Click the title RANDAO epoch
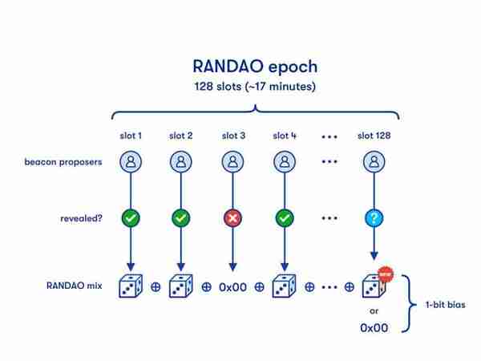255,67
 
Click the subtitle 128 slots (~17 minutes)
255,87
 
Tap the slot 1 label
131,136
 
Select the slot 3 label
233,136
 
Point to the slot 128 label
374,136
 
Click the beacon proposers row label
63,162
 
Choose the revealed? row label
81,218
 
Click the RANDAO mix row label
75,286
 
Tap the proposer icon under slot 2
181,161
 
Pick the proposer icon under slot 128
374,161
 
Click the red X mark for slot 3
232,218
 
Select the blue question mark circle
374,218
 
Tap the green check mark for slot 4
285,218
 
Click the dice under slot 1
131,286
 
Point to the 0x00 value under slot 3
232,287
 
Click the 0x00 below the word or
374,328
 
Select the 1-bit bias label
446,305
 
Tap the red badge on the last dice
386,274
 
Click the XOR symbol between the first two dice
156,287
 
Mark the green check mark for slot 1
131,218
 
